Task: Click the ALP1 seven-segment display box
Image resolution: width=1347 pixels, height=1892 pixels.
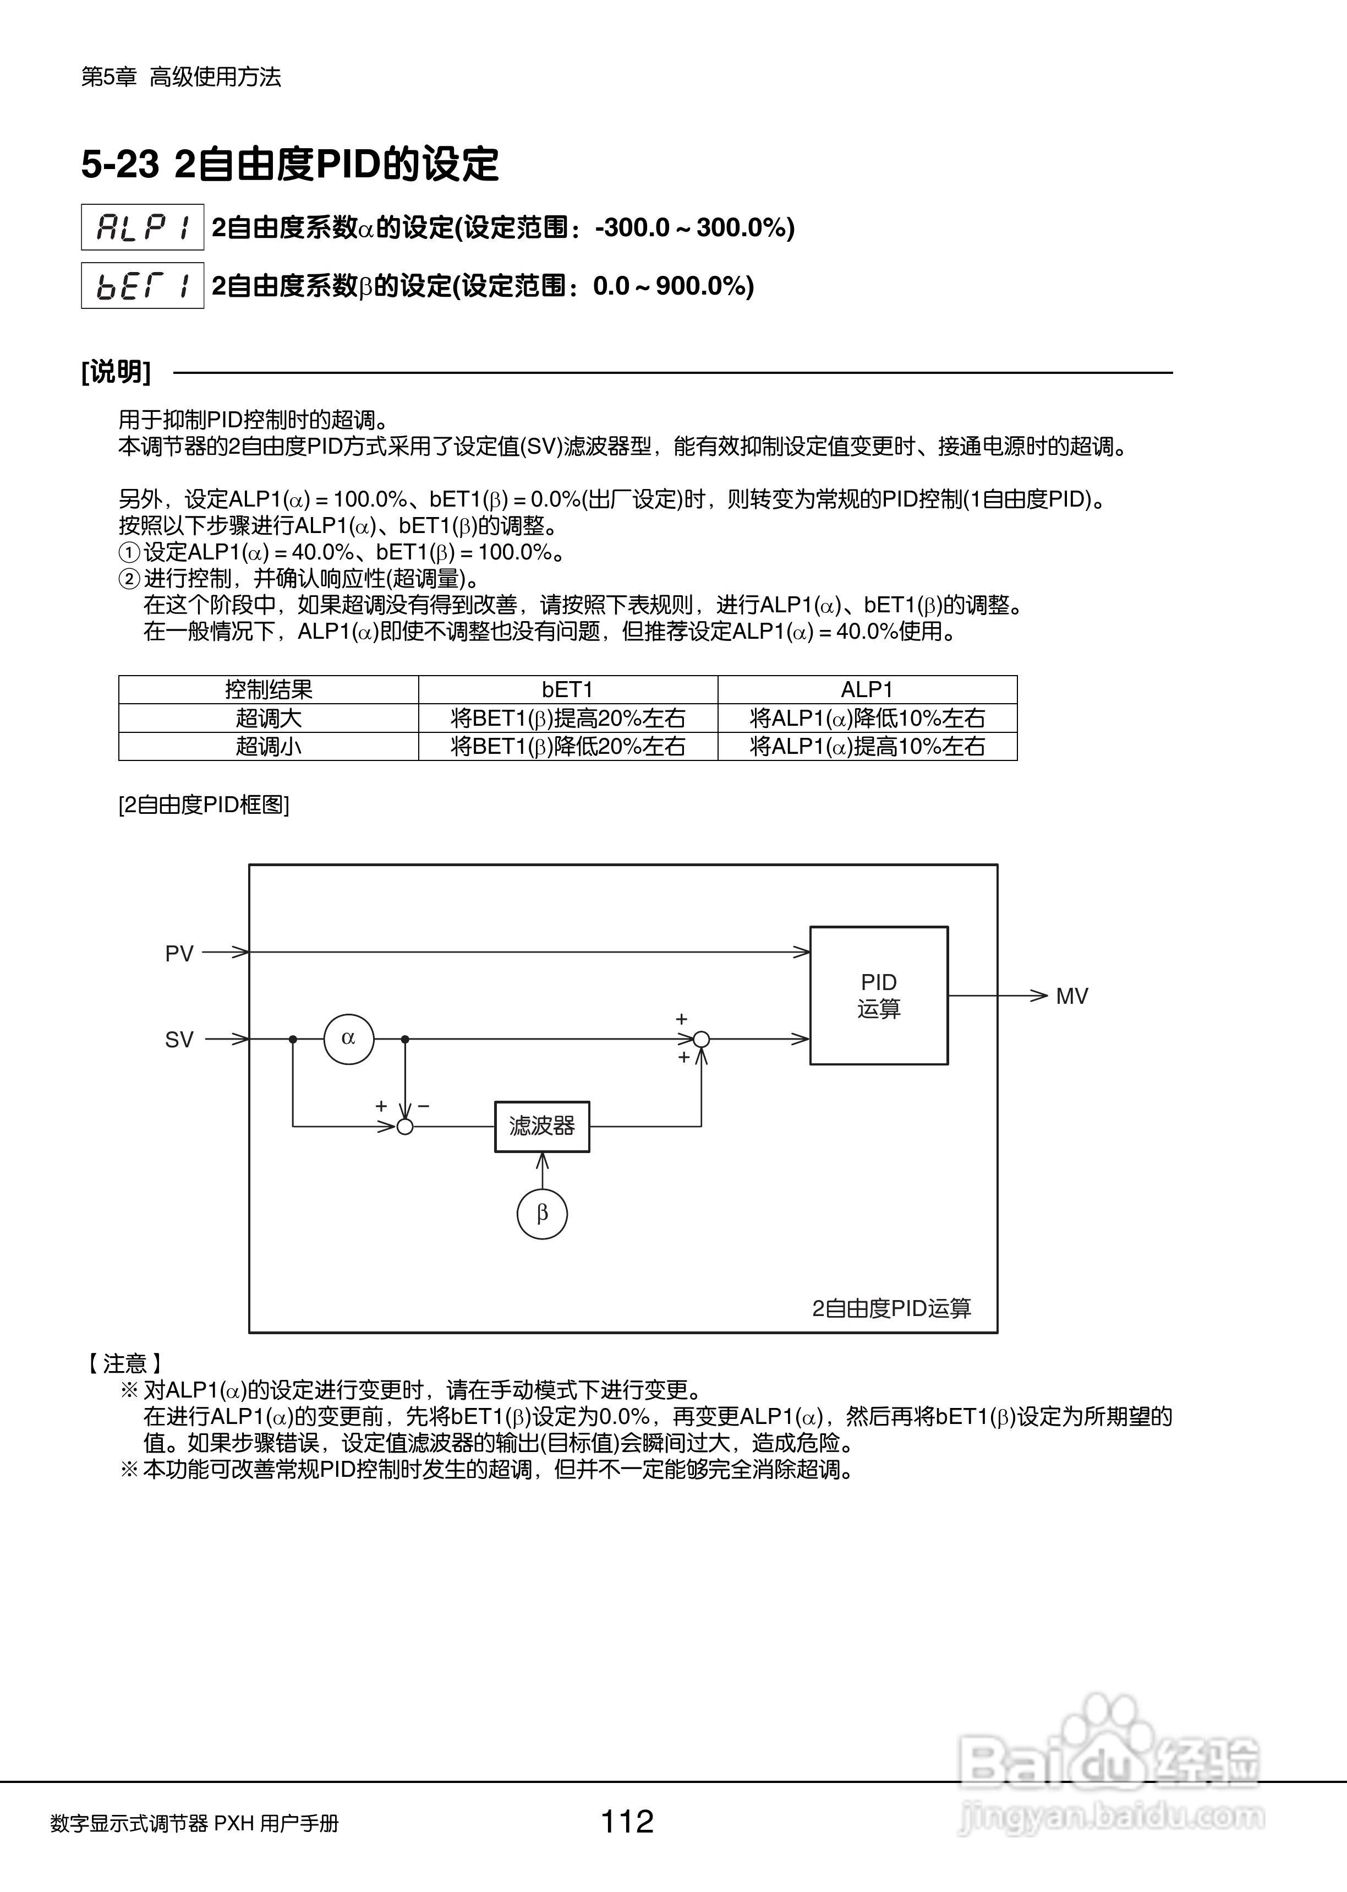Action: (x=142, y=226)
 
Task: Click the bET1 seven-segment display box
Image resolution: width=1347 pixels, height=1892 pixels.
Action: (x=142, y=285)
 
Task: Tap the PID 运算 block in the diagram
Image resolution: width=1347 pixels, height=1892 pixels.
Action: (x=878, y=995)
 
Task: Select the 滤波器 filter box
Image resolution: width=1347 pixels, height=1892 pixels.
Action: (x=541, y=1126)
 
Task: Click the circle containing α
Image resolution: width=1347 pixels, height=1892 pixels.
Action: (x=348, y=1038)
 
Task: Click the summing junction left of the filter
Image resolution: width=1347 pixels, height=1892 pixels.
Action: (x=405, y=1126)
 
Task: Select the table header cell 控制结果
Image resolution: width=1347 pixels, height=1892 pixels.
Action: (x=268, y=689)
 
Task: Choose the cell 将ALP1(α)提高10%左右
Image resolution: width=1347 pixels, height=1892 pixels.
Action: (x=867, y=746)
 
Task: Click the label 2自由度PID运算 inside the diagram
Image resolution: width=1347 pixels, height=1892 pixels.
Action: (x=891, y=1309)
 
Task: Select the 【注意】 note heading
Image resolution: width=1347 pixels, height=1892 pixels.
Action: (x=124, y=1363)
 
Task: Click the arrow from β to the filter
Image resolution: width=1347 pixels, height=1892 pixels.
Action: (x=541, y=1170)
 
